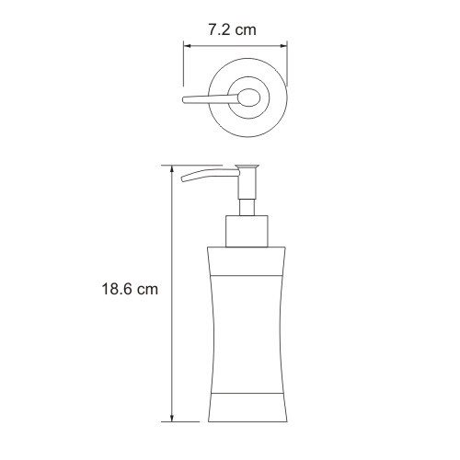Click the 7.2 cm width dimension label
[x=232, y=30]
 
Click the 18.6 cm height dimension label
[x=130, y=289]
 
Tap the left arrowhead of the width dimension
[x=187, y=46]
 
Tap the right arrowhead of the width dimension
[x=283, y=46]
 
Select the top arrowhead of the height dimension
[x=172, y=170]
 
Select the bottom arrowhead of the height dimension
[x=172, y=418]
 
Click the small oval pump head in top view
[x=249, y=98]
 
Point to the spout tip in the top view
[x=184, y=100]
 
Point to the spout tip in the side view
[x=184, y=179]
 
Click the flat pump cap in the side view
[x=247, y=167]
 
